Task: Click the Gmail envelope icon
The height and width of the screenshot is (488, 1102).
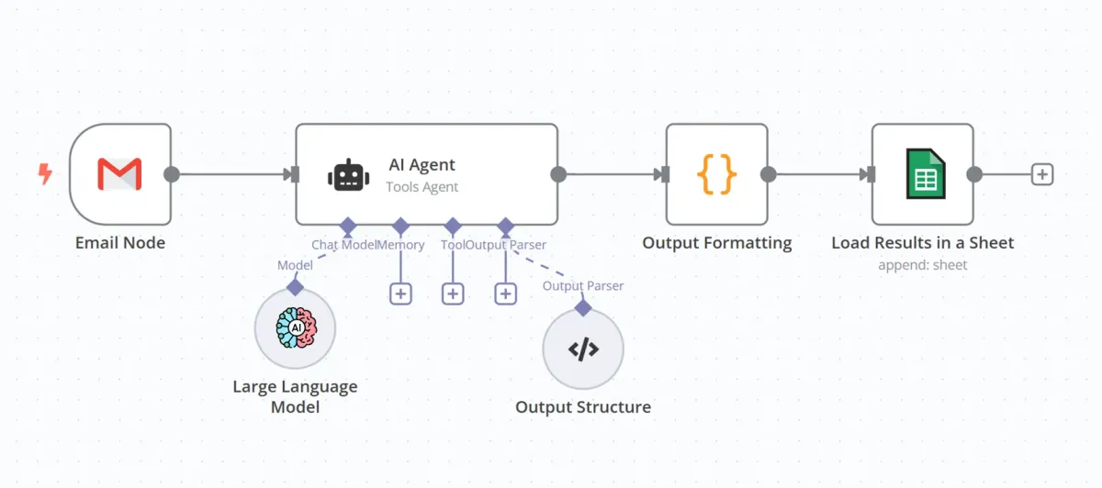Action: (120, 174)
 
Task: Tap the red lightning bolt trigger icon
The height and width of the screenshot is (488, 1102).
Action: (44, 173)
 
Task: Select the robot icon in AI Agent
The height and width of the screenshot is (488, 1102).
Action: (348, 174)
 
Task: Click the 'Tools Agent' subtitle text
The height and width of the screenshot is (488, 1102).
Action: (422, 187)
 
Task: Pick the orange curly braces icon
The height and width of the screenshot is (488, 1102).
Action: (716, 174)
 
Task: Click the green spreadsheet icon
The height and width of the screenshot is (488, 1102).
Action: (923, 174)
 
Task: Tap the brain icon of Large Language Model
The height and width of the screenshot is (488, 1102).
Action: (295, 327)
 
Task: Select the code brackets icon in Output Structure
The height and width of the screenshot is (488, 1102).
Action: (583, 349)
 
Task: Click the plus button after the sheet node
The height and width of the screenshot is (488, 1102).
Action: (1041, 174)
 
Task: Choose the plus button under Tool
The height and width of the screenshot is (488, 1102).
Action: (453, 294)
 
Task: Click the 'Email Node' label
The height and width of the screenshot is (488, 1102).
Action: (119, 243)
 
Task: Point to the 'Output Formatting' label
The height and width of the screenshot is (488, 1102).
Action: (716, 243)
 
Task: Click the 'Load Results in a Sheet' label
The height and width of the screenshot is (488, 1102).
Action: (922, 243)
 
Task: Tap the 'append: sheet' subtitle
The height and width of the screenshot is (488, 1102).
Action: (922, 265)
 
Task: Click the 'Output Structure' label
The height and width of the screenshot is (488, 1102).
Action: (583, 407)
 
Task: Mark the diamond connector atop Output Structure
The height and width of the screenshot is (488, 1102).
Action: (583, 308)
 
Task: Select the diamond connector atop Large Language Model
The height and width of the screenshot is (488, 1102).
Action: (295, 286)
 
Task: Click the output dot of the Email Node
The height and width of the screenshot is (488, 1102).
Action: (171, 174)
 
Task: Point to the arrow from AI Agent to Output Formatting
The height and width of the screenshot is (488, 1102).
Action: (611, 174)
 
